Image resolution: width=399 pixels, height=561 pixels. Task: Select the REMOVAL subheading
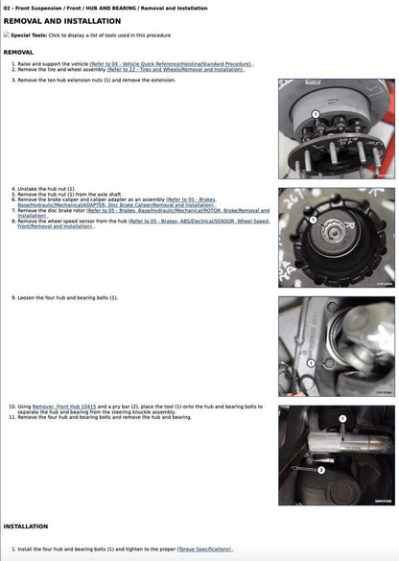[x=18, y=52]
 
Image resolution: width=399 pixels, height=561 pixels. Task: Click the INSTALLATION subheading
[x=26, y=526]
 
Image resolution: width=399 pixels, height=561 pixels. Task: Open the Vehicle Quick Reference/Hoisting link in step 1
[x=171, y=63]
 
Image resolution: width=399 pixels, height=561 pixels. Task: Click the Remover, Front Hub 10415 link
[x=64, y=407]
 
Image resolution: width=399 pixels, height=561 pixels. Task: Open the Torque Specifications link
[x=202, y=549]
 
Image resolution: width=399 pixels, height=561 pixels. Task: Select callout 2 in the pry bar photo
[x=321, y=471]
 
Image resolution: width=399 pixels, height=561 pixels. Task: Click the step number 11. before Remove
[x=12, y=417]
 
